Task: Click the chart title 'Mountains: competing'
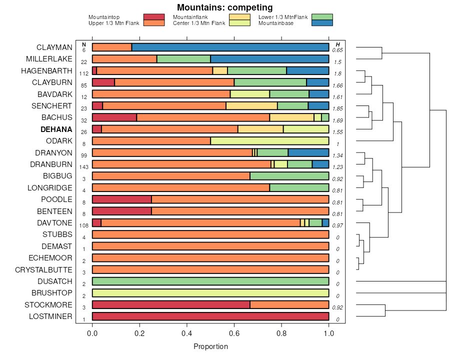pos(224,7)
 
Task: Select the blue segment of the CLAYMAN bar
pos(230,47)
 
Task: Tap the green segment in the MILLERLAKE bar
pos(183,59)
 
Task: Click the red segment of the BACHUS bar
pos(114,117)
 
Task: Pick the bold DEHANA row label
pos(56,129)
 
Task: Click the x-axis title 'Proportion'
pos(210,346)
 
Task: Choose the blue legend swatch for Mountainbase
pos(321,23)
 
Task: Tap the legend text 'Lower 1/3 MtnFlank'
pos(282,17)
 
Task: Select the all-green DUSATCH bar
pos(210,281)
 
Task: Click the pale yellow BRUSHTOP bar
pos(210,293)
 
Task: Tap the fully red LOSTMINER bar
pos(210,316)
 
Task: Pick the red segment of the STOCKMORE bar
pos(171,305)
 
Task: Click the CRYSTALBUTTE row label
pos(43,270)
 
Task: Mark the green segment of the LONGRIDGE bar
pos(299,188)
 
